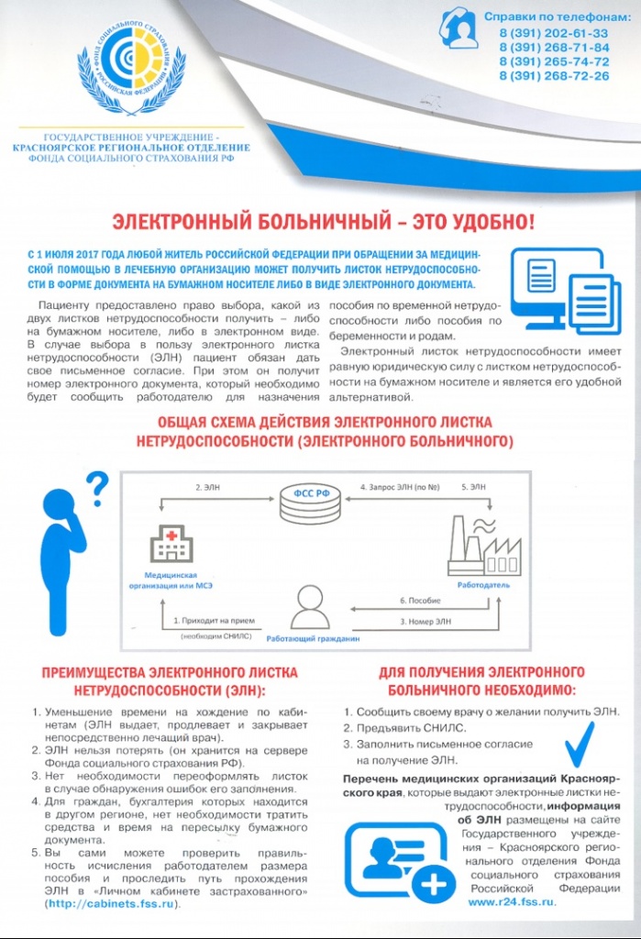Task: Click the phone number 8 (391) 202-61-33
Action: (554, 33)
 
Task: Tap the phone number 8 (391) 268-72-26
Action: (554, 76)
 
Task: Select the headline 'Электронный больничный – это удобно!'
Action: (321, 221)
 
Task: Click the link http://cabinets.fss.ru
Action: (110, 903)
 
